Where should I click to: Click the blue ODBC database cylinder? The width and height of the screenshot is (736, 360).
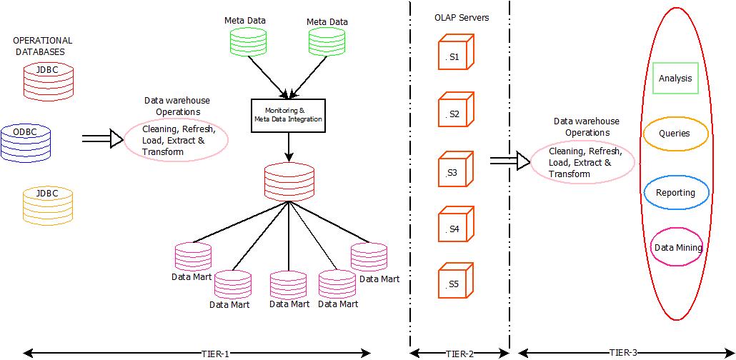(26, 144)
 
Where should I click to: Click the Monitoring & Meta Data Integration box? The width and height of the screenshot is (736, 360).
(289, 115)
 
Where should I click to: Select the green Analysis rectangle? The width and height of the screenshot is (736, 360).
(675, 79)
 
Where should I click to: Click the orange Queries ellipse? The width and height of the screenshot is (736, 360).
(675, 134)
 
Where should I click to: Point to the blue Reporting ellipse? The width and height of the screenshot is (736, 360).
(675, 193)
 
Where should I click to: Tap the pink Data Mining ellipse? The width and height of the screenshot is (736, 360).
(677, 247)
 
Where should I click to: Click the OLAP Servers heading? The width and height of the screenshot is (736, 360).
(462, 17)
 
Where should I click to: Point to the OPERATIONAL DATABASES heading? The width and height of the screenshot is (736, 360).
(43, 46)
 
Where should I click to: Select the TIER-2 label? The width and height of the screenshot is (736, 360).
(460, 353)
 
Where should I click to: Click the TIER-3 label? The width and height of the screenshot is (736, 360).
(625, 352)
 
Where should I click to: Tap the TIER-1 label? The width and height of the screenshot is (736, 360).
(215, 353)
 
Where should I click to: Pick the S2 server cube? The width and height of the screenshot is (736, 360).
(455, 112)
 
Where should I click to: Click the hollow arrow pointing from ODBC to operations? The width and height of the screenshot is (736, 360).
(102, 139)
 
